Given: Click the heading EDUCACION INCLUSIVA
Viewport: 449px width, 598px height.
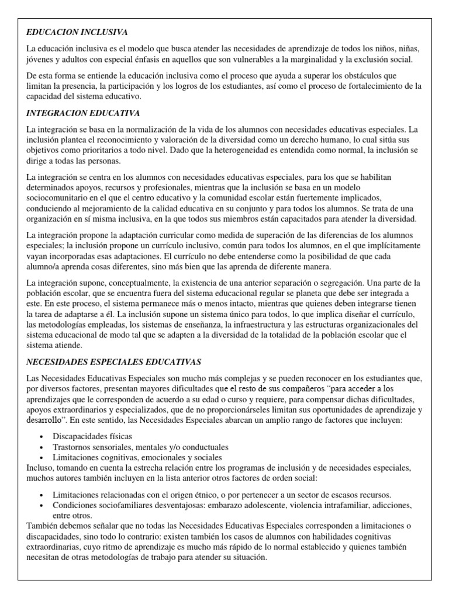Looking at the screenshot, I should tap(77, 32).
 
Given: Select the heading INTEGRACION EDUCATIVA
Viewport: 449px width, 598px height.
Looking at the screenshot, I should tap(83, 113).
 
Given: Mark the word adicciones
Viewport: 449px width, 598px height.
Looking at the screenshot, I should tap(386, 505).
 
